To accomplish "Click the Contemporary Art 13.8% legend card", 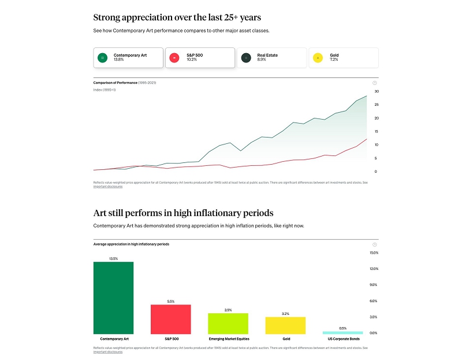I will click(x=128, y=57).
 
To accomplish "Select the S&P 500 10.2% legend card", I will click(x=200, y=57).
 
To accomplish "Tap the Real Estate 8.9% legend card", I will click(x=271, y=57).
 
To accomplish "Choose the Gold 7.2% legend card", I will click(x=344, y=57).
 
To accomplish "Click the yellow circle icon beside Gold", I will click(x=318, y=58).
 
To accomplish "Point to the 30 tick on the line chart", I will click(x=376, y=91).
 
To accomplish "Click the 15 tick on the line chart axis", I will click(x=376, y=132).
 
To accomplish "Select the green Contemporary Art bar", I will click(x=113, y=298).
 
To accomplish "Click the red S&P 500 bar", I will click(x=170, y=319).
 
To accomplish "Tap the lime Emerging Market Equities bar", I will click(x=228, y=323).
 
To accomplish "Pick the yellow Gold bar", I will click(x=285, y=325).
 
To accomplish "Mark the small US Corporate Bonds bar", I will click(x=342, y=332).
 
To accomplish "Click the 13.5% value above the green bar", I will click(x=113, y=258).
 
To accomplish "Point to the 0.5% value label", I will click(x=342, y=328).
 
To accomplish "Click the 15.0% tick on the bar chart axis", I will click(x=373, y=253).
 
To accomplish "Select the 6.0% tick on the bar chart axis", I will click(x=373, y=301).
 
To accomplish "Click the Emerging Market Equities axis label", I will click(x=228, y=339).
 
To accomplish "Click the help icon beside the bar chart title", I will click(x=375, y=244).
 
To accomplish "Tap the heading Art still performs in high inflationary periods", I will click(x=183, y=213).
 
